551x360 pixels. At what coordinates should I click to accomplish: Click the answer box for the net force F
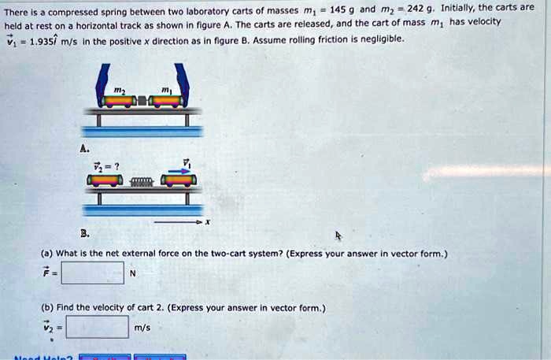click(92, 273)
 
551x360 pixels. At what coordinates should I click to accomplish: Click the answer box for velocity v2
click(97, 327)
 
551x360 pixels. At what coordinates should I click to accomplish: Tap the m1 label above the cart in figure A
click(166, 89)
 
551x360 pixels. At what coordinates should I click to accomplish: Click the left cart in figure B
click(105, 181)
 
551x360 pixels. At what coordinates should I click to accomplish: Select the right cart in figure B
click(179, 181)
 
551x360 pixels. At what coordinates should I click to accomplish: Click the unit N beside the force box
click(133, 273)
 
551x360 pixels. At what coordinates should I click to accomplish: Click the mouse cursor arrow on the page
click(338, 236)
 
